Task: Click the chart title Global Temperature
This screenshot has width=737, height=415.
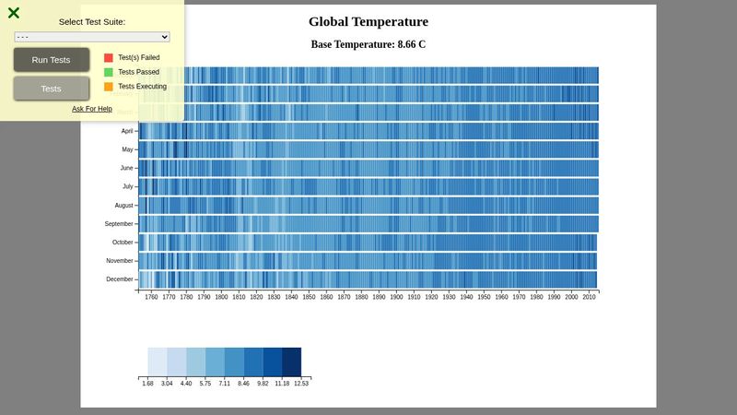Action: click(x=368, y=22)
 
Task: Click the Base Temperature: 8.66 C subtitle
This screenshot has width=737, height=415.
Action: click(x=368, y=44)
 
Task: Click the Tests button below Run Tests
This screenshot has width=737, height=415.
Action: click(x=52, y=89)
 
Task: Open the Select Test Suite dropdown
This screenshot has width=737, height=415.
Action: click(x=92, y=36)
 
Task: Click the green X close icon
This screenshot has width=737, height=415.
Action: click(x=14, y=13)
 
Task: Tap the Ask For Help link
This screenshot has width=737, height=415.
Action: click(x=92, y=109)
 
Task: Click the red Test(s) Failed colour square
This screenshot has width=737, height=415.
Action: click(x=109, y=57)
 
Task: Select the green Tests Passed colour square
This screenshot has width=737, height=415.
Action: click(x=109, y=72)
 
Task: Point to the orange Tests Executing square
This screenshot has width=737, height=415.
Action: click(x=109, y=87)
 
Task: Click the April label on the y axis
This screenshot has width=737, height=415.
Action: click(x=126, y=131)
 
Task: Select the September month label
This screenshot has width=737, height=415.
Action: click(x=119, y=224)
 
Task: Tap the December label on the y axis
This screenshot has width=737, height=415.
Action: click(x=120, y=279)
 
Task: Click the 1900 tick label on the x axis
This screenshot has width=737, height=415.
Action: click(x=396, y=298)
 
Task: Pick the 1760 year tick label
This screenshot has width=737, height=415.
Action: click(x=151, y=298)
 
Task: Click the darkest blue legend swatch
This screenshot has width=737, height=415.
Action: click(x=291, y=362)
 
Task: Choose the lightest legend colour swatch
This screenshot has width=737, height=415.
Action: click(x=158, y=362)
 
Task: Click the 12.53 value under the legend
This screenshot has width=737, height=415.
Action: click(x=301, y=383)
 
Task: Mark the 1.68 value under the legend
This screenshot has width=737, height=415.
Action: click(x=148, y=383)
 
